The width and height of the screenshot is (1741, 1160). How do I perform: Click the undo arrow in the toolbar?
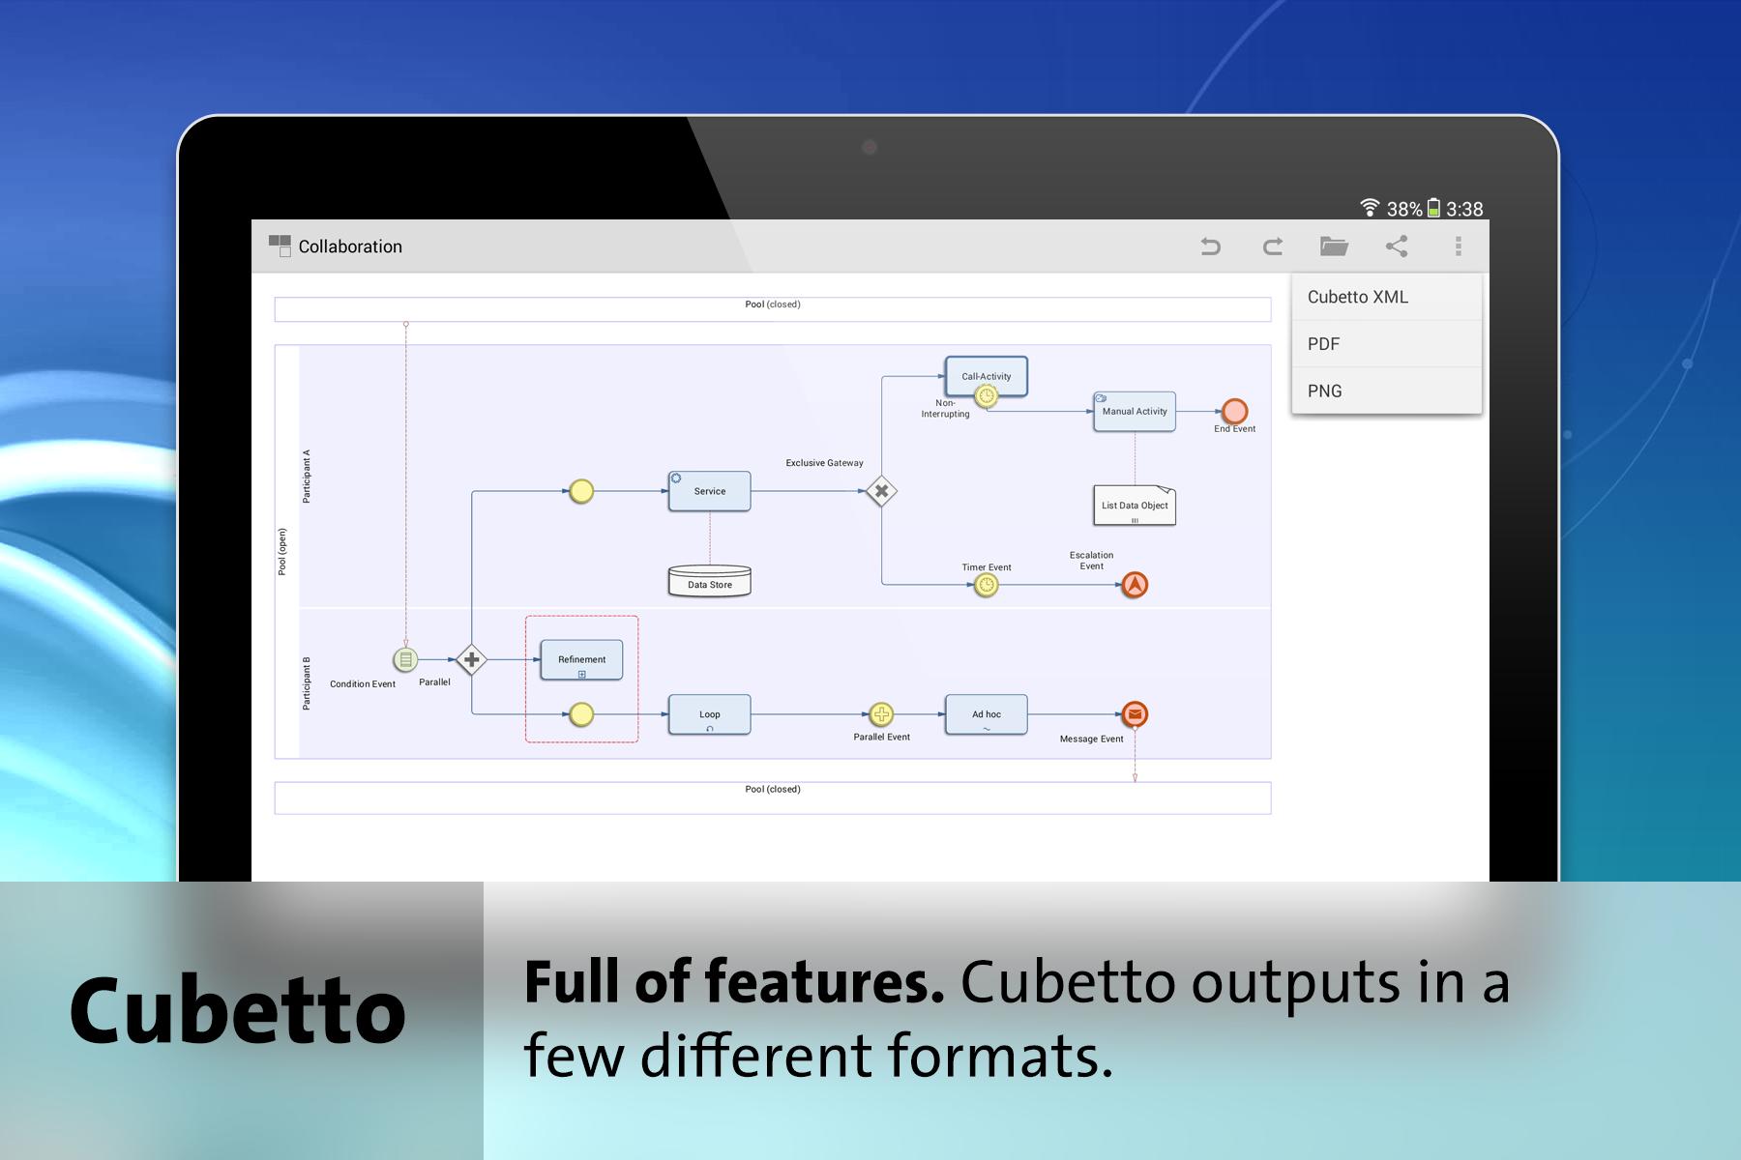pos(1210,246)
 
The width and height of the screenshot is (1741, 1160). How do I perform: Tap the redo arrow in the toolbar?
pos(1273,246)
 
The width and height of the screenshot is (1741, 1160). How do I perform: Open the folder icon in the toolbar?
pos(1334,246)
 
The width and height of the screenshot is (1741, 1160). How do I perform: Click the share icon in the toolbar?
pos(1397,246)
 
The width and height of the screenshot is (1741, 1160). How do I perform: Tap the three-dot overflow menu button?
pos(1459,246)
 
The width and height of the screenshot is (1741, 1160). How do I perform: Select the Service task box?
pos(709,491)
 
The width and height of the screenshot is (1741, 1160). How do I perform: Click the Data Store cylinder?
pos(710,580)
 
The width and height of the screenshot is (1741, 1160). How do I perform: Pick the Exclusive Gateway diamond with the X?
pos(881,491)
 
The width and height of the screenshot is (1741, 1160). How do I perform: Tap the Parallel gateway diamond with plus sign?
pos(471,660)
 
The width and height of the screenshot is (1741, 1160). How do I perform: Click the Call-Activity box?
pos(986,376)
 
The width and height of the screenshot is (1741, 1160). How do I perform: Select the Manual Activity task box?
pos(1135,411)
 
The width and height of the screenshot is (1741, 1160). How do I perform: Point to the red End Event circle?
pos(1234,411)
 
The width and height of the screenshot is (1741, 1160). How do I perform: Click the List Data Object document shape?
pos(1135,506)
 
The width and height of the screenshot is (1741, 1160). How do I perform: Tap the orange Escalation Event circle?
pos(1135,585)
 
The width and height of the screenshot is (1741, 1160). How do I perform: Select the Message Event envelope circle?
pos(1135,714)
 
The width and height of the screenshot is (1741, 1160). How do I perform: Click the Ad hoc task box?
pos(986,714)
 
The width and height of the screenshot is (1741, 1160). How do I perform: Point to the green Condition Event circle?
pos(405,660)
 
